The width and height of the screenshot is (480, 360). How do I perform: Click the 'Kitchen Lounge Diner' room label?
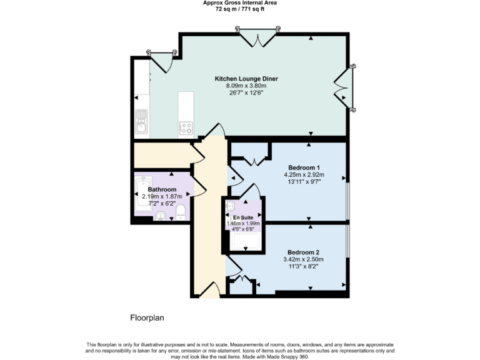point(246,79)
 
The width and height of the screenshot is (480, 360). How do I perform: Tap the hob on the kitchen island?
point(186,128)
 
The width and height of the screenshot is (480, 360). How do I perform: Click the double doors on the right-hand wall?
point(343,87)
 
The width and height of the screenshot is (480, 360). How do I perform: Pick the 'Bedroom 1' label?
point(304,167)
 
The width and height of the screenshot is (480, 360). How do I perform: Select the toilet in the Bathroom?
point(181,212)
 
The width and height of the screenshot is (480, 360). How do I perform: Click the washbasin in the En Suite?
point(229,206)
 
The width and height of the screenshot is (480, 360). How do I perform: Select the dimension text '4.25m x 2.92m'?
point(304,175)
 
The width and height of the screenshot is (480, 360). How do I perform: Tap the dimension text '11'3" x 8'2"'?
point(304,266)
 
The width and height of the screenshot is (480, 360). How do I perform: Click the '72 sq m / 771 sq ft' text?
point(240,10)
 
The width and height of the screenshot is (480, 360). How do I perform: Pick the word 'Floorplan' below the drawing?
point(147,317)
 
